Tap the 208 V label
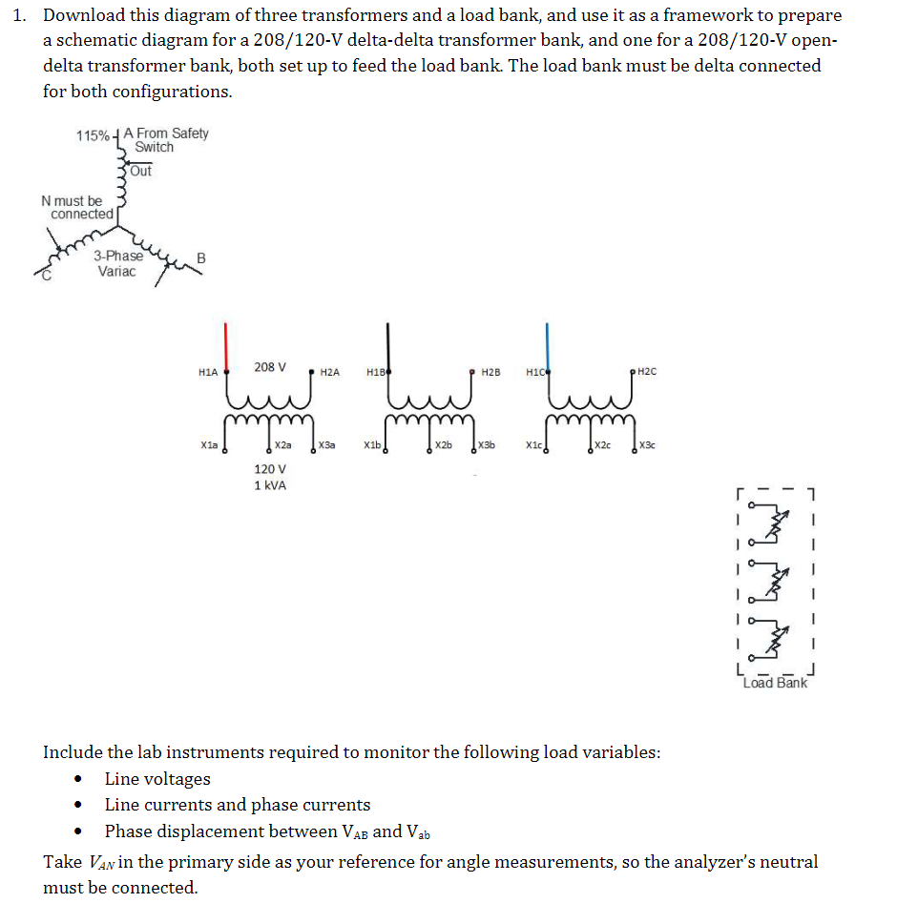click(x=270, y=367)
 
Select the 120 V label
click(x=269, y=469)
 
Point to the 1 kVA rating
click(x=270, y=485)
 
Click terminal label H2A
click(x=330, y=372)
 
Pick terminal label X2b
click(x=444, y=445)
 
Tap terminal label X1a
click(x=209, y=445)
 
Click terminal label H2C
click(x=646, y=372)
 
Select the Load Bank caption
click(x=775, y=683)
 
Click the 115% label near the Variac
click(x=93, y=135)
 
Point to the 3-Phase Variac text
click(x=117, y=263)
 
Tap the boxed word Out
click(x=140, y=171)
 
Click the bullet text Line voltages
click(x=157, y=779)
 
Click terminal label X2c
click(x=605, y=445)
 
